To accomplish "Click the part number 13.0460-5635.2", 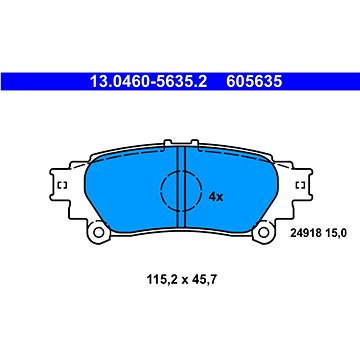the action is click(149, 81).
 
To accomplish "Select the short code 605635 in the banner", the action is click(254, 81).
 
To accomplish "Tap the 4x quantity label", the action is click(216, 197).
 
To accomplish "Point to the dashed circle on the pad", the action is click(161, 191).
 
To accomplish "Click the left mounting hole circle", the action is click(98, 232).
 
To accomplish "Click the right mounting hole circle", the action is click(263, 232).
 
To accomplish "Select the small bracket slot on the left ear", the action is click(63, 185).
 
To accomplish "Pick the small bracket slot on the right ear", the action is click(300, 185).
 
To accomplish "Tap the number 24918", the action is click(306, 234).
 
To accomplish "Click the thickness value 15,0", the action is click(335, 234).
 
